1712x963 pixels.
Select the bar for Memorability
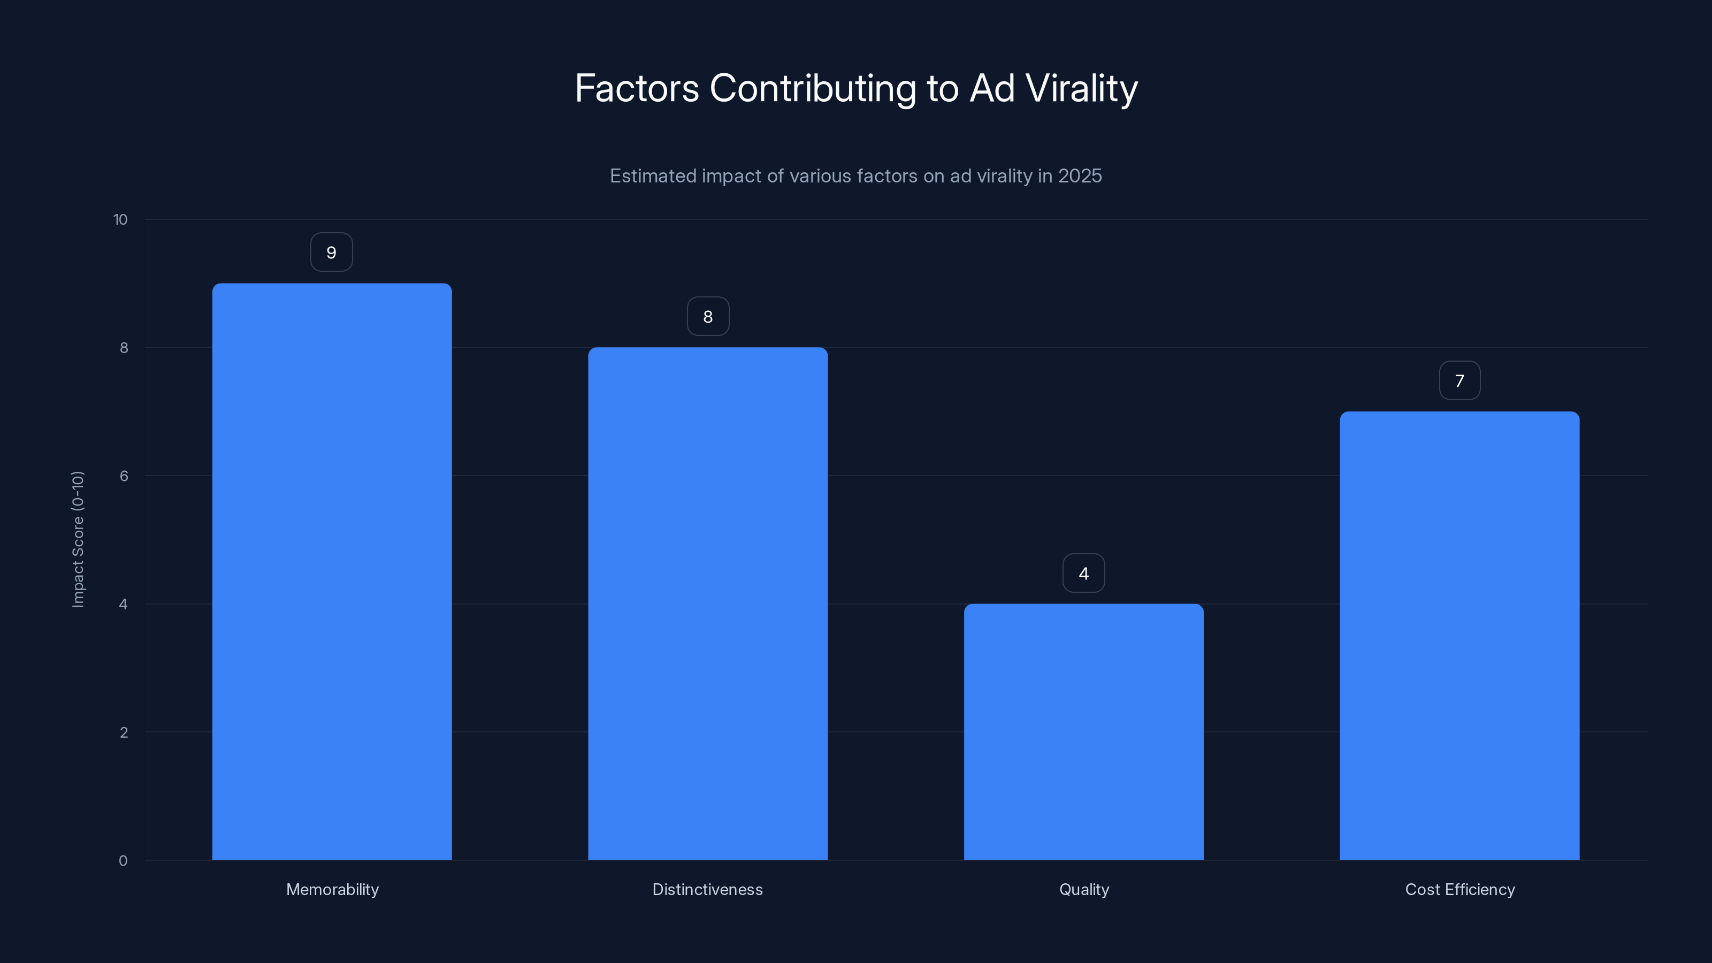[x=332, y=571]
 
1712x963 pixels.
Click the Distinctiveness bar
[x=708, y=603]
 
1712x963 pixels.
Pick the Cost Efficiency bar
[x=1459, y=636]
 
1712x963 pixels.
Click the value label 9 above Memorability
[x=332, y=253]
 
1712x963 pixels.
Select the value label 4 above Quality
[x=1083, y=574]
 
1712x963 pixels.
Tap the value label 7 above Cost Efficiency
[x=1459, y=381]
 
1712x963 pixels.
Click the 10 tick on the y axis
[x=120, y=220]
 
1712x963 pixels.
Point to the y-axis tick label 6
[x=124, y=476]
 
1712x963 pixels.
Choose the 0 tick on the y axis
[x=123, y=861]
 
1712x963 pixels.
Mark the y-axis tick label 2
[x=124, y=732]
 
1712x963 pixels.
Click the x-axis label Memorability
[x=332, y=889]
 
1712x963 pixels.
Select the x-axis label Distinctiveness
[x=708, y=889]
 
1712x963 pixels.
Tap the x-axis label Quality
[x=1084, y=889]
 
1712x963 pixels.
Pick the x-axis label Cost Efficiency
[x=1459, y=889]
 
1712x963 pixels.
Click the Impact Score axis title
[x=78, y=539]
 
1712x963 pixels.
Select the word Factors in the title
[x=637, y=88]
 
